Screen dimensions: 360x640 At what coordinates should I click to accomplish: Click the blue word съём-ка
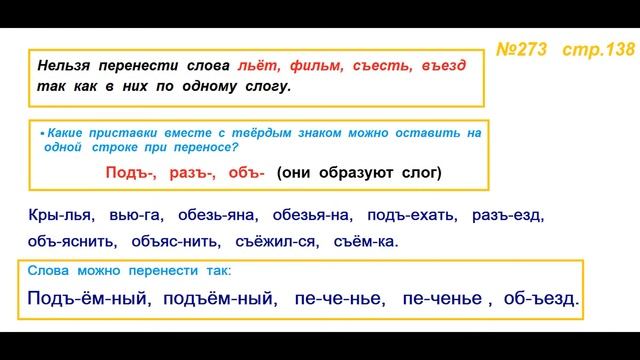click(364, 241)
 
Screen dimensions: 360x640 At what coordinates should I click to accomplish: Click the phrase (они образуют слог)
click(358, 172)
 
